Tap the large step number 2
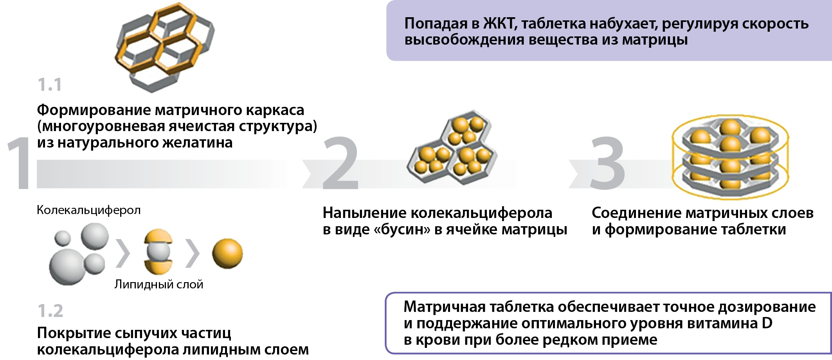pos(340,163)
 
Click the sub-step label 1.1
pos(50,85)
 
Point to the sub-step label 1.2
pos(50,311)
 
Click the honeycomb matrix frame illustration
pos(164,47)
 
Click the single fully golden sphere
pos(227,254)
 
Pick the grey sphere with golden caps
pos(158,252)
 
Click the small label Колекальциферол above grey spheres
pos(88,210)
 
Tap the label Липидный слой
pos(159,284)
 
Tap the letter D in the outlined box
pos(767,323)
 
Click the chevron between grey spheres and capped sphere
pos(123,254)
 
